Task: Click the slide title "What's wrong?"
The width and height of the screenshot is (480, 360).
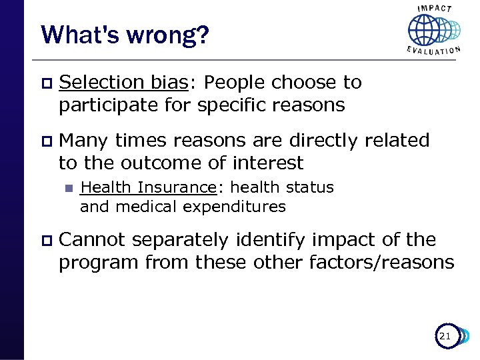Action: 125,34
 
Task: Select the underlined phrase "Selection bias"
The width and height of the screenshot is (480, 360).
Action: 123,83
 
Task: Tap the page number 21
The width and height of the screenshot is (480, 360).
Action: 445,337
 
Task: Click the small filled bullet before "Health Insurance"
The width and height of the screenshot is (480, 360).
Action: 67,189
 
